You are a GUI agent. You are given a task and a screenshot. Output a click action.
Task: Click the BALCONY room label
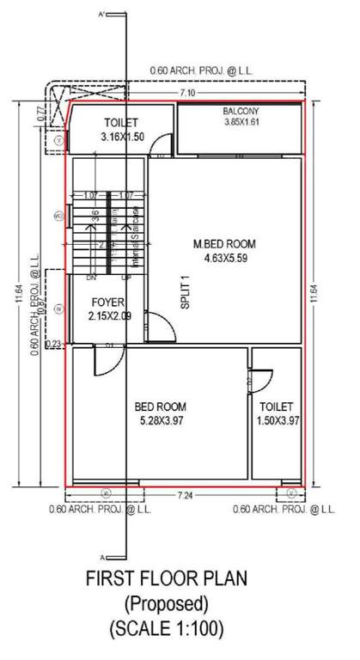(x=241, y=112)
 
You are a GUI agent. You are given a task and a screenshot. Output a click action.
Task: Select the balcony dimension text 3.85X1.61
(x=241, y=123)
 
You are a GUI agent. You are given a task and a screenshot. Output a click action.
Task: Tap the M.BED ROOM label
(x=224, y=244)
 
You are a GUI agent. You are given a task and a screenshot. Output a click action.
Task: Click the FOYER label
(x=106, y=303)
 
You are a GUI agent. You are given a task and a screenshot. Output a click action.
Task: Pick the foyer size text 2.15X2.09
(x=107, y=316)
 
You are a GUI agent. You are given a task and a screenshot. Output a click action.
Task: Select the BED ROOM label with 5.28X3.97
(x=160, y=406)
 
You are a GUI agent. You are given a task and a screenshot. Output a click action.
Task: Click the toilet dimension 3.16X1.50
(x=120, y=136)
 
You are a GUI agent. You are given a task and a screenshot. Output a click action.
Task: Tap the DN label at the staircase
(x=90, y=278)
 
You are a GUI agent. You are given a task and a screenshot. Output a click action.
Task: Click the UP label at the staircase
(x=127, y=278)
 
